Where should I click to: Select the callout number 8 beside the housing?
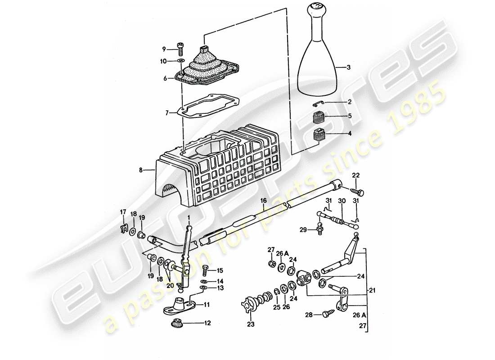click(x=141, y=171)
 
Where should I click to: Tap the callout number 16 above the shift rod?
click(x=264, y=200)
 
